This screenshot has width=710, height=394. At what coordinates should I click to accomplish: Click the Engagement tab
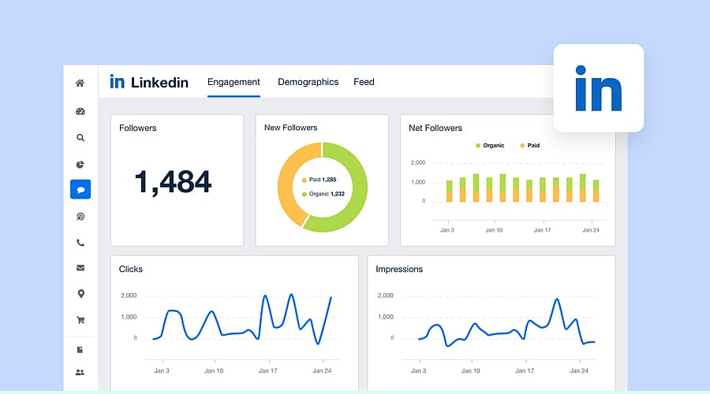234,82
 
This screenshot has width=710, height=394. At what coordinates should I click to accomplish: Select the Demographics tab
308,82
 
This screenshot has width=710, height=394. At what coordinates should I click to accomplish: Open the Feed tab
364,82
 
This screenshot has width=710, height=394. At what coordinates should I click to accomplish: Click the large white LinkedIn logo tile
598,87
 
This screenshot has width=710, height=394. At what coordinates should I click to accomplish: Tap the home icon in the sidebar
80,83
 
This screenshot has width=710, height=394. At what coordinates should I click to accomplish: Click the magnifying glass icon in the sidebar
80,137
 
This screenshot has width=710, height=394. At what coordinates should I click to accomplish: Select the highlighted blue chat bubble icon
80,189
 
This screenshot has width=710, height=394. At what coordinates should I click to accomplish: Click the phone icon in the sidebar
80,243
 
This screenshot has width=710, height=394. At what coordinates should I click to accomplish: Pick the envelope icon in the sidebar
80,268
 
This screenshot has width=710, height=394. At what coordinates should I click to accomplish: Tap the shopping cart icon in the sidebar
80,320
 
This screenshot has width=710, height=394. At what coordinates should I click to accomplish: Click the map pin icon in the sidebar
80,294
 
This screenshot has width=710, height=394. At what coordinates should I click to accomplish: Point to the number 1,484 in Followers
173,182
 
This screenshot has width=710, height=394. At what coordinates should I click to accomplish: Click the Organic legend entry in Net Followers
490,146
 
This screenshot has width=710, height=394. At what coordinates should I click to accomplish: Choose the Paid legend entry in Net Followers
529,146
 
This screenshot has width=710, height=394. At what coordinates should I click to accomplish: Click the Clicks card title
131,269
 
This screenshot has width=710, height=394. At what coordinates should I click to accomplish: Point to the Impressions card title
399,269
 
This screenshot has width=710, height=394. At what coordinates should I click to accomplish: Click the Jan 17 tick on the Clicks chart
268,370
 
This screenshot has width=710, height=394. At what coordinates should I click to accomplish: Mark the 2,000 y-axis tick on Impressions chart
385,295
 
